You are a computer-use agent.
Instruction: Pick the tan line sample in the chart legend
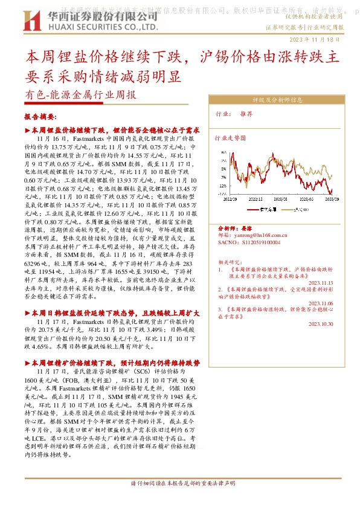287,209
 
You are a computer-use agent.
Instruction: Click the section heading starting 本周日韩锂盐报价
116,313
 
